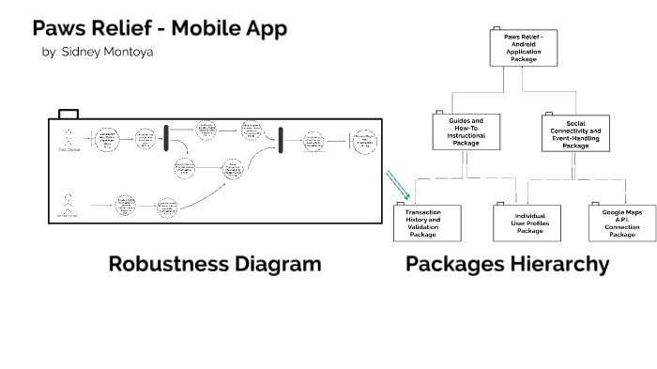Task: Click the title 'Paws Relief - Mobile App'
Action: pyautogui.click(x=160, y=27)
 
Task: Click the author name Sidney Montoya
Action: pyautogui.click(x=97, y=52)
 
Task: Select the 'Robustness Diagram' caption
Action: pyautogui.click(x=215, y=264)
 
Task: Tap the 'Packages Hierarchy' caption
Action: pyautogui.click(x=507, y=264)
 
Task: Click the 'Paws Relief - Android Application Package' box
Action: pyautogui.click(x=524, y=47)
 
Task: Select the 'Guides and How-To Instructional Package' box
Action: pyautogui.click(x=464, y=132)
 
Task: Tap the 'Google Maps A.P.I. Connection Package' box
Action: pyautogui.click(x=622, y=223)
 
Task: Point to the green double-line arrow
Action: pyautogui.click(x=399, y=182)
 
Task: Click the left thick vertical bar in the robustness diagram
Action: pyautogui.click(x=166, y=137)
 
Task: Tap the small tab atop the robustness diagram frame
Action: pyautogui.click(x=68, y=115)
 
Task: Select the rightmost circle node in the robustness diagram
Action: pyautogui.click(x=364, y=142)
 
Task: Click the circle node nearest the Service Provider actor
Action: pyautogui.click(x=126, y=206)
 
